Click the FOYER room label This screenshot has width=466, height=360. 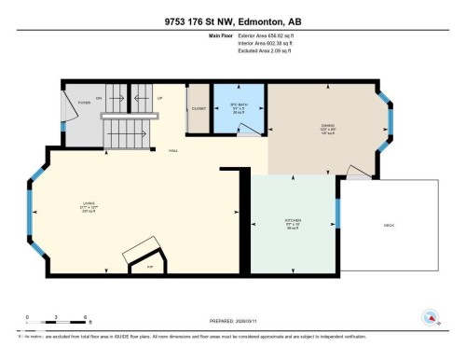tap(84, 104)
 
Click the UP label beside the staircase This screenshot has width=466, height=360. tap(159, 97)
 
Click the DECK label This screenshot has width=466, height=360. tap(389, 226)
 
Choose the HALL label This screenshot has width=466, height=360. tap(173, 149)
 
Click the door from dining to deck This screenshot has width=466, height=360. tap(354, 172)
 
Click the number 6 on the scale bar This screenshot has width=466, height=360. tap(86, 318)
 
